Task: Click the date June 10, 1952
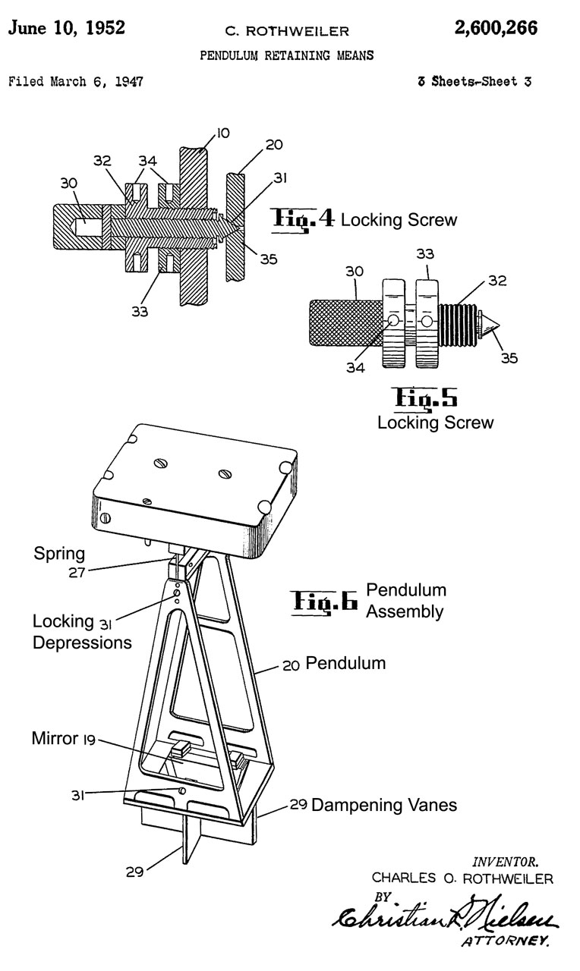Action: [67, 29]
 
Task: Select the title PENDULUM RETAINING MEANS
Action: [286, 56]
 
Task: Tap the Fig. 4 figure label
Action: [302, 219]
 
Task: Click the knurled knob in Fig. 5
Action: [342, 322]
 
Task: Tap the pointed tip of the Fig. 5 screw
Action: [493, 322]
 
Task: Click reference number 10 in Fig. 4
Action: [222, 134]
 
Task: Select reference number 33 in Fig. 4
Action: [139, 311]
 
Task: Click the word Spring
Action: [59, 554]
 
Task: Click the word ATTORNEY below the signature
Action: [505, 943]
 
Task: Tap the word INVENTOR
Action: [506, 861]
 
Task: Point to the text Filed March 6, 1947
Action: [75, 80]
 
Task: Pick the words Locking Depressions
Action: [80, 632]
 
